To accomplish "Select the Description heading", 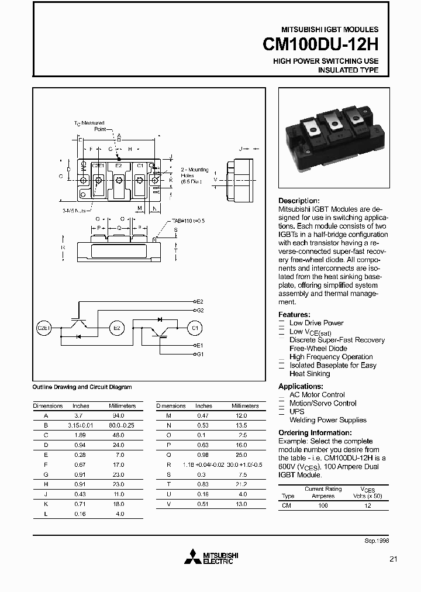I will pos(298,201).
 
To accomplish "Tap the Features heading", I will pos(294,314).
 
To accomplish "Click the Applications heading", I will pos(301,387).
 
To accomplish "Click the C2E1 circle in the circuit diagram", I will pos(44,328).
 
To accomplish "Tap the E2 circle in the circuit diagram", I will pos(117,328).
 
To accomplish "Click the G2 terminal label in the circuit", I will pos(199,310).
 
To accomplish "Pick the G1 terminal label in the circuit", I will pos(199,354).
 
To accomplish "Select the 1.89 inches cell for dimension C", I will pos(81,436).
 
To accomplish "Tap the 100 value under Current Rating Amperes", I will pos(323,504).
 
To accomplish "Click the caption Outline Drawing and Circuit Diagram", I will pos(82,387).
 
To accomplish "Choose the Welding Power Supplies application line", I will pos(328,420).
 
